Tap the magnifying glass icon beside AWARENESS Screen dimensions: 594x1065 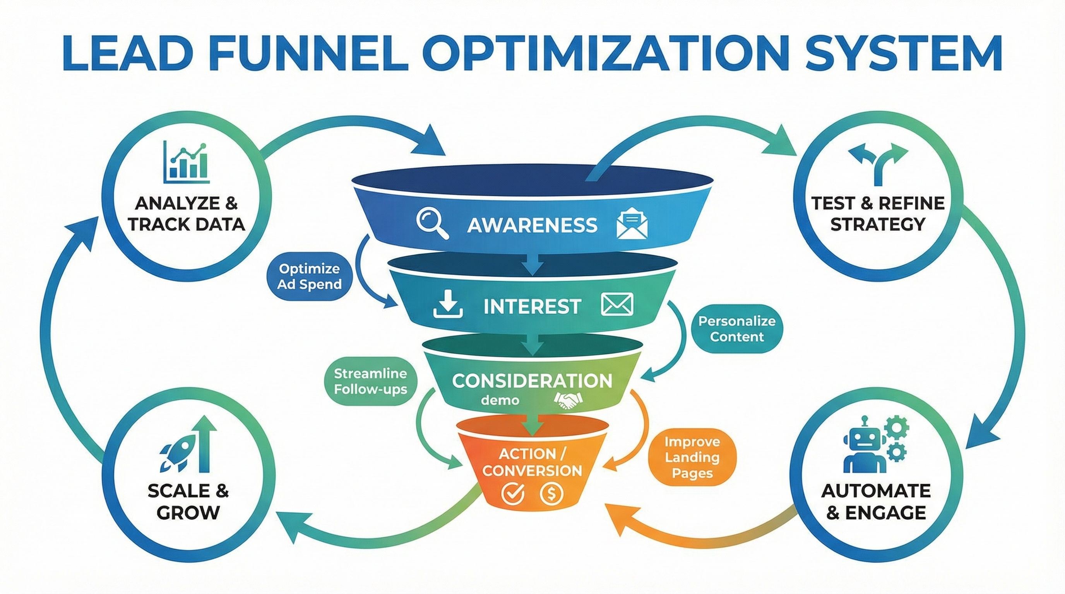pos(431,224)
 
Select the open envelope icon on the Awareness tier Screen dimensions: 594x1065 pos(632,224)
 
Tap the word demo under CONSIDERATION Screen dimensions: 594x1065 pos(500,400)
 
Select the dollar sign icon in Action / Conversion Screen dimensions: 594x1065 pos(551,493)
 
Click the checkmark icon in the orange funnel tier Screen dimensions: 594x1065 pos(513,493)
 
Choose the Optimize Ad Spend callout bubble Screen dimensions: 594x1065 pos(310,277)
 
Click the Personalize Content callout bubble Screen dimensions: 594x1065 pos(737,329)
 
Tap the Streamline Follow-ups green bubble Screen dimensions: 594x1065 pos(370,381)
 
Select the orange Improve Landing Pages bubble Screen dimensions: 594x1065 pos(692,457)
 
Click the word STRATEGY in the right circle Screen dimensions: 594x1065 pos(878,224)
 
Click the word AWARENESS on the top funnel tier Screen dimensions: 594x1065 pos(532,225)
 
